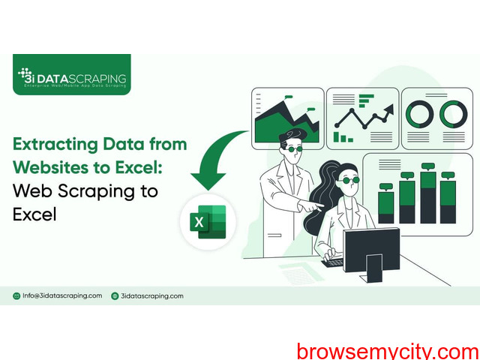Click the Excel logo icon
(x=208, y=222)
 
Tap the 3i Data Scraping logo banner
(x=72, y=74)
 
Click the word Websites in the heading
(x=51, y=167)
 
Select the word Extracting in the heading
(x=55, y=144)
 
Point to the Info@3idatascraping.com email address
(x=62, y=295)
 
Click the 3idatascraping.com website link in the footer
(x=152, y=296)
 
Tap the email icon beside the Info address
(x=16, y=296)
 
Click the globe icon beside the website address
(x=115, y=296)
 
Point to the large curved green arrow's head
(x=208, y=181)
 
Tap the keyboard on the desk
(x=332, y=262)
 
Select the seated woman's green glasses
(x=350, y=180)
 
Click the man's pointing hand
(x=312, y=205)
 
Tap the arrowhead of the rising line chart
(x=389, y=109)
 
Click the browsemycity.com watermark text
(x=388, y=351)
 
